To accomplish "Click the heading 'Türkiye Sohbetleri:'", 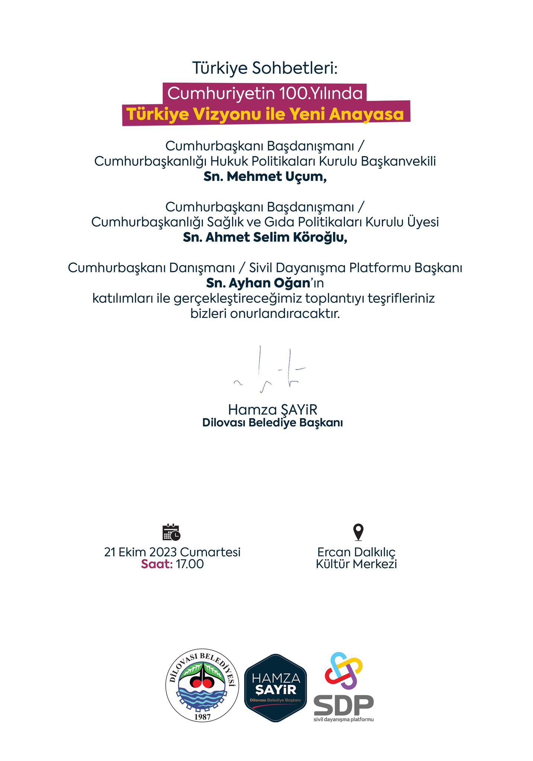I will (x=265, y=68).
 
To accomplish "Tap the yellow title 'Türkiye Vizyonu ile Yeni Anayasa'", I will (x=265, y=114).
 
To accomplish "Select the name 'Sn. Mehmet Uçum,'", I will (x=265, y=177).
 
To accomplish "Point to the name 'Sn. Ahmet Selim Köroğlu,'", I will (x=265, y=237).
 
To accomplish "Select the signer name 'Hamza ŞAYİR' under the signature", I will (x=272, y=410).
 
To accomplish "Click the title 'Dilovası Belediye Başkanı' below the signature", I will (x=272, y=423).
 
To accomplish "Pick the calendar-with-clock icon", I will (x=171, y=532).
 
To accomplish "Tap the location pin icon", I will (x=358, y=532).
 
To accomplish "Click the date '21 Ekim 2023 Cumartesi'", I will (x=172, y=552).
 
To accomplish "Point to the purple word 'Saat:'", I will (x=157, y=564).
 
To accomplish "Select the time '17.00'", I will (x=190, y=564).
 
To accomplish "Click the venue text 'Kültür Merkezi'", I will (x=356, y=564).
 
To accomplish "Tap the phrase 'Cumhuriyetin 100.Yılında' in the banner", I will (x=265, y=93).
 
